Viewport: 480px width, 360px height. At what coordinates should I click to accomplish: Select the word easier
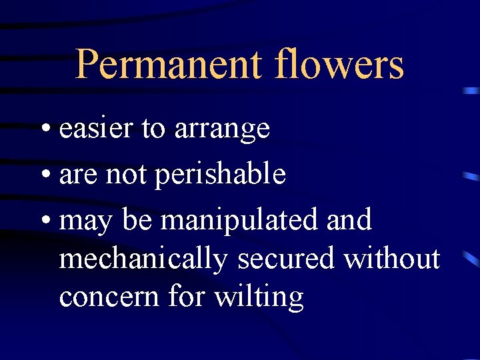coord(96,129)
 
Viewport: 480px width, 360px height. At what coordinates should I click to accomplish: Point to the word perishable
coord(220,175)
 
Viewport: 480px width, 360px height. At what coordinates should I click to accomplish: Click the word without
coord(391,259)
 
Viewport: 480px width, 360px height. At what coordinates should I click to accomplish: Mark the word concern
coord(109,297)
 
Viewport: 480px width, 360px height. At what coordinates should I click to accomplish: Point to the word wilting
coord(259,297)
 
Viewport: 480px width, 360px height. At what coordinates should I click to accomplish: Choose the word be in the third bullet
coord(137,220)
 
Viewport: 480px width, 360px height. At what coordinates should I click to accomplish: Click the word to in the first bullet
coord(153,129)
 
